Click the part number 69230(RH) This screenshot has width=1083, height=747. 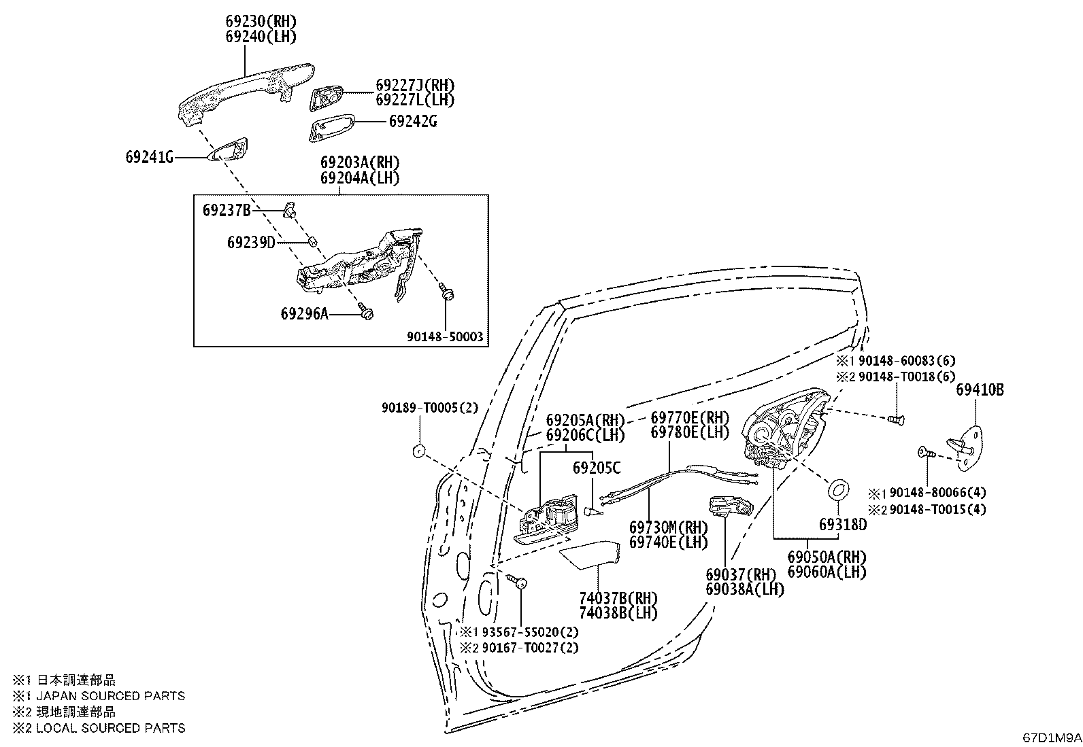pos(261,22)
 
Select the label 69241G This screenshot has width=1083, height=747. pos(150,157)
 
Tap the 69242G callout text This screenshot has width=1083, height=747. pos(413,121)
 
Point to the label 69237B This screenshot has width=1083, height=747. pos(227,210)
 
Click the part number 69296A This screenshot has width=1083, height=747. pos(305,314)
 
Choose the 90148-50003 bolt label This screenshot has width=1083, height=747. pos(445,336)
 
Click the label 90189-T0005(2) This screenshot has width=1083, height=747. pos(430,408)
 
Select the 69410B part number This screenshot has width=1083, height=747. pos(980,389)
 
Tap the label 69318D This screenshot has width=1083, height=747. pos(843,524)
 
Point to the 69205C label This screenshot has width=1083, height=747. pos(597,468)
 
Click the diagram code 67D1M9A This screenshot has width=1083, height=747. pos(1052,737)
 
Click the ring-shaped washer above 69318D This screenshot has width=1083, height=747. pos(839,490)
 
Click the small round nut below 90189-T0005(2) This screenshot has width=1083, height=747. pos(418,451)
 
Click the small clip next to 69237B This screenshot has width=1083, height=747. pos(289,209)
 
